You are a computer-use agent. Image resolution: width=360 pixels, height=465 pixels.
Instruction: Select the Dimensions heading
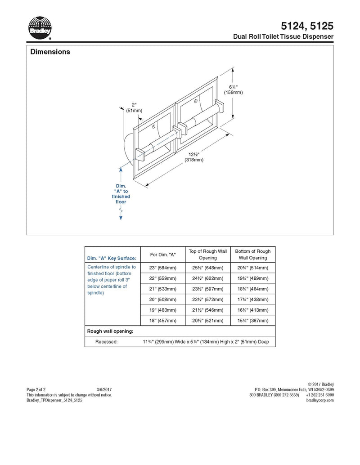50,52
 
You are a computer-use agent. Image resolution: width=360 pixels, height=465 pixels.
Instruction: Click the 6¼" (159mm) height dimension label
233,89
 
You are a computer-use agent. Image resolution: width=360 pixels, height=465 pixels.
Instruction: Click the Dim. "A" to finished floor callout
121,194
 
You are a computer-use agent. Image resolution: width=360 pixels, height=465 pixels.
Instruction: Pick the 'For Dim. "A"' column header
162,255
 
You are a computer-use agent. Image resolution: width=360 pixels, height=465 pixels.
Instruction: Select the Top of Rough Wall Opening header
208,255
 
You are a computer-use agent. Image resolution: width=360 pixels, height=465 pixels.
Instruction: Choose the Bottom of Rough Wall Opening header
253,255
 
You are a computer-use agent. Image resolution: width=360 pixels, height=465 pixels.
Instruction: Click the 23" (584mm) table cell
162,268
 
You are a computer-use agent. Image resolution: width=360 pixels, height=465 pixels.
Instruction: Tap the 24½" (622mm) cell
208,278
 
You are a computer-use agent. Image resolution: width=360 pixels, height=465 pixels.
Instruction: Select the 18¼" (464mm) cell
253,289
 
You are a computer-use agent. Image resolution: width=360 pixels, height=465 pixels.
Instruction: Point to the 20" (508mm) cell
162,300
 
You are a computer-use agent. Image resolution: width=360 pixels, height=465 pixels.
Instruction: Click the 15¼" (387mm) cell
253,321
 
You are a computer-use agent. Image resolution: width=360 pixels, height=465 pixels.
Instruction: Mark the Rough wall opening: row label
110,331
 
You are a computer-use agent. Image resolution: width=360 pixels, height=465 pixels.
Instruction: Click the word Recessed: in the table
106,342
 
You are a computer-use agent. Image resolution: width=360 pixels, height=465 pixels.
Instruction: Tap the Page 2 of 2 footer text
36,389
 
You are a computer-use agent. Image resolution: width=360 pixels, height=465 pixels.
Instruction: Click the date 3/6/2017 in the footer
104,389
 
